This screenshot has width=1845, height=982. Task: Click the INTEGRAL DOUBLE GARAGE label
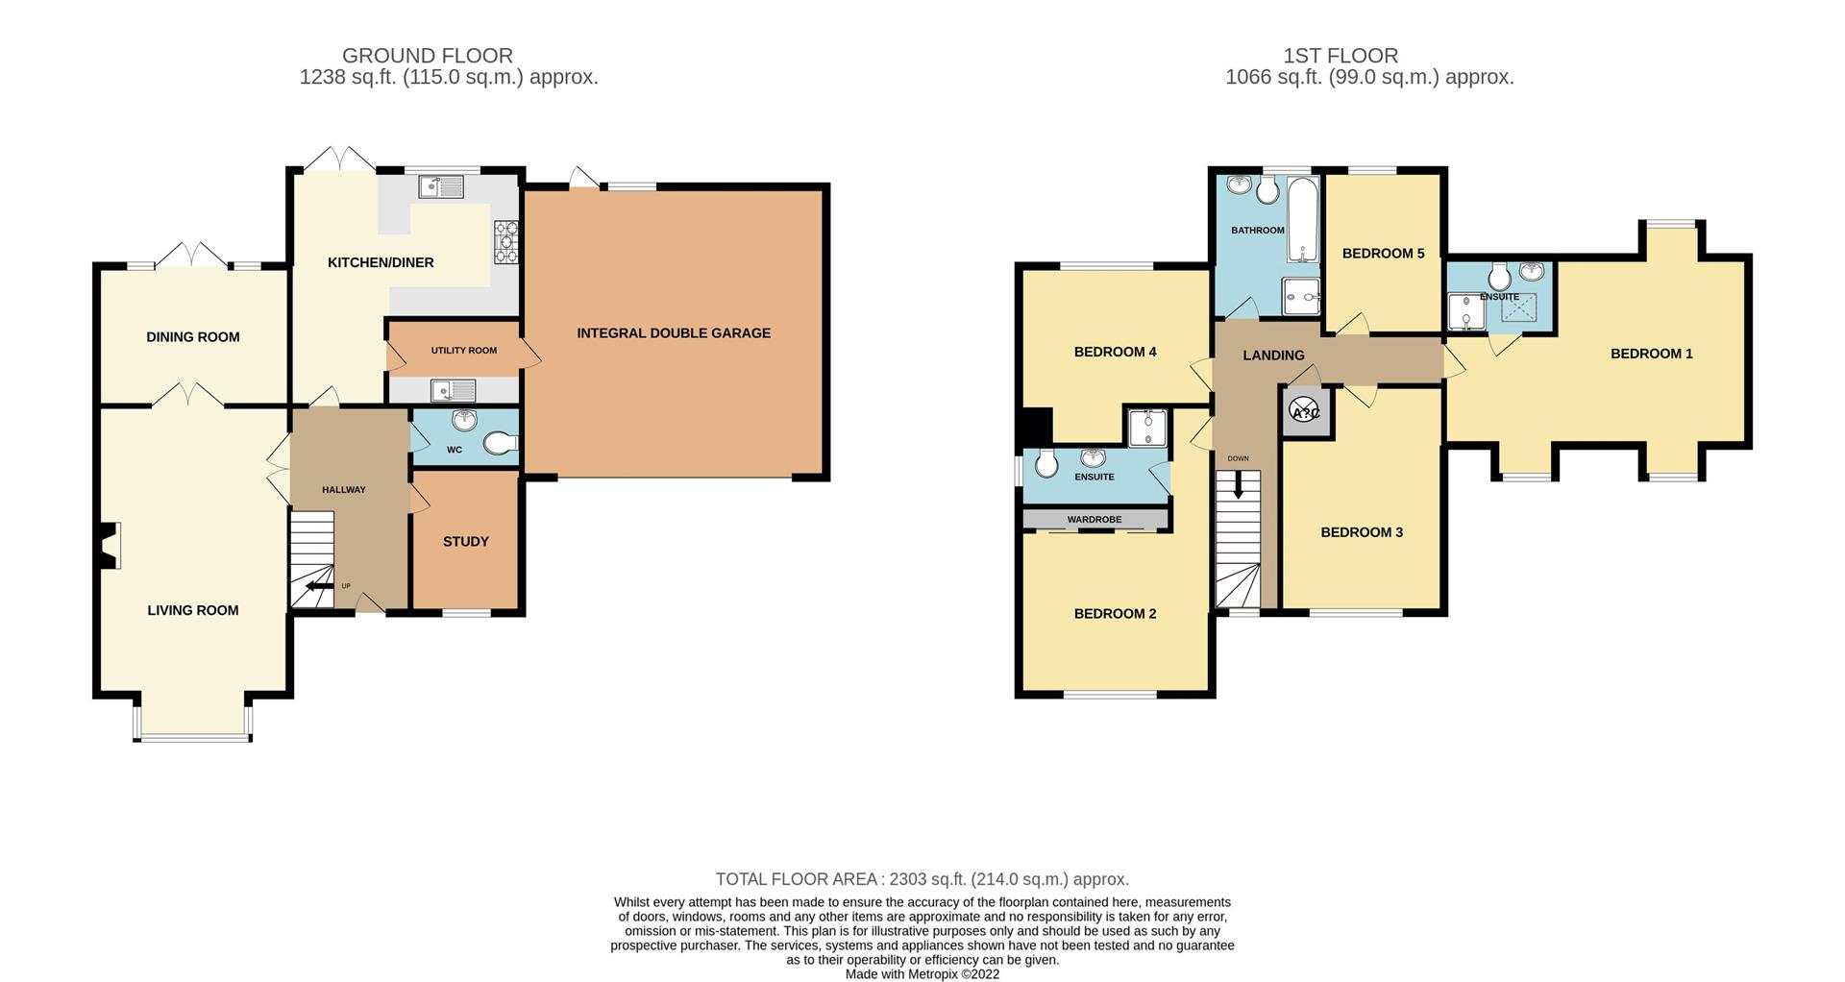click(673, 333)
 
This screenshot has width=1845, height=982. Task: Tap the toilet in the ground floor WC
click(500, 444)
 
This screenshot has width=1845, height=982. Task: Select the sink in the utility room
click(453, 390)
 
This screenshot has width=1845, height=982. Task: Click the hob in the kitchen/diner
click(505, 241)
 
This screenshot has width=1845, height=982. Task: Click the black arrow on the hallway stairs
click(318, 586)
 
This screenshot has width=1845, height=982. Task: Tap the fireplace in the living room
click(111, 545)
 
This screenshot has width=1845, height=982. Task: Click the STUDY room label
click(466, 542)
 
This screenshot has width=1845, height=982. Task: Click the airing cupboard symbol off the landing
click(1306, 412)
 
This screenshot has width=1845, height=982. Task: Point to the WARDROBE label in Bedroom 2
click(1094, 520)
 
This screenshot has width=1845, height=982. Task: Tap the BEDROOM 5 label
click(1383, 254)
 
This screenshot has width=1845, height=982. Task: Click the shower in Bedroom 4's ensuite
click(1147, 427)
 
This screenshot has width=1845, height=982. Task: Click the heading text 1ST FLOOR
click(1340, 56)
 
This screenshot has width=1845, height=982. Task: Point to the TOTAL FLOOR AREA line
click(922, 879)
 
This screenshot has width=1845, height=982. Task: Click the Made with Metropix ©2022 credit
click(922, 974)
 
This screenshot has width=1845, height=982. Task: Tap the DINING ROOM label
click(192, 337)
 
